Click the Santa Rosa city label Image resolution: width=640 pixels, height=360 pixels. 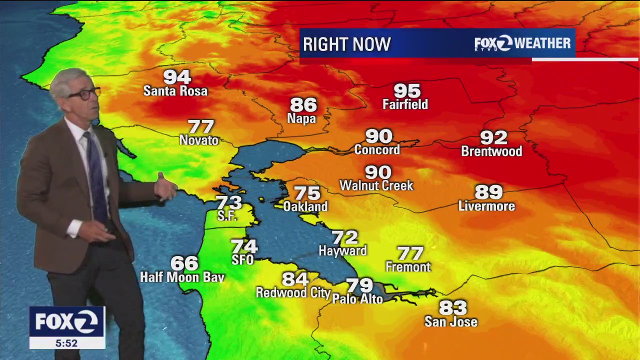pyautogui.click(x=175, y=91)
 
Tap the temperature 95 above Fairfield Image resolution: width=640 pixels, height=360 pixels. pyautogui.click(x=406, y=91)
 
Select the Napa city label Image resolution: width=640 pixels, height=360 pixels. pyautogui.click(x=301, y=118)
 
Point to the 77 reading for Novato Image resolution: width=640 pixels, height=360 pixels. pyautogui.click(x=200, y=127)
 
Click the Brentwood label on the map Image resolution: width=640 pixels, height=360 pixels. pyautogui.click(x=491, y=151)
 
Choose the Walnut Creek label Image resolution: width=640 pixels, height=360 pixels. pyautogui.click(x=376, y=186)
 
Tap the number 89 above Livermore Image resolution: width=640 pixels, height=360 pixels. pyautogui.click(x=488, y=192)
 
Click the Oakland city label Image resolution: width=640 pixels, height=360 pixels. pyautogui.click(x=305, y=206)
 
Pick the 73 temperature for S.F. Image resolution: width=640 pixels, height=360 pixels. pyautogui.click(x=229, y=202)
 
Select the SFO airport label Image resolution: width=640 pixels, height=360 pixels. pyautogui.click(x=242, y=260)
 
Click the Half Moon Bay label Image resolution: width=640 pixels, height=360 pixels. pyautogui.click(x=182, y=277)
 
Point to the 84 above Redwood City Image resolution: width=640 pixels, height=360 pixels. pyautogui.click(x=295, y=279)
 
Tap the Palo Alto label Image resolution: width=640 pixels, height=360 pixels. pyautogui.click(x=357, y=299)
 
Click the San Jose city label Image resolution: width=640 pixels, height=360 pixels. pyautogui.click(x=451, y=322)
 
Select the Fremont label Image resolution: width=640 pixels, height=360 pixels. pyautogui.click(x=408, y=267)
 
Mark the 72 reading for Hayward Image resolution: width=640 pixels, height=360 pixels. pyautogui.click(x=345, y=237)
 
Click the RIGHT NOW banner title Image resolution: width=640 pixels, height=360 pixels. pyautogui.click(x=346, y=44)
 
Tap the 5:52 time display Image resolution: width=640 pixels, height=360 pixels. pyautogui.click(x=66, y=343)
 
